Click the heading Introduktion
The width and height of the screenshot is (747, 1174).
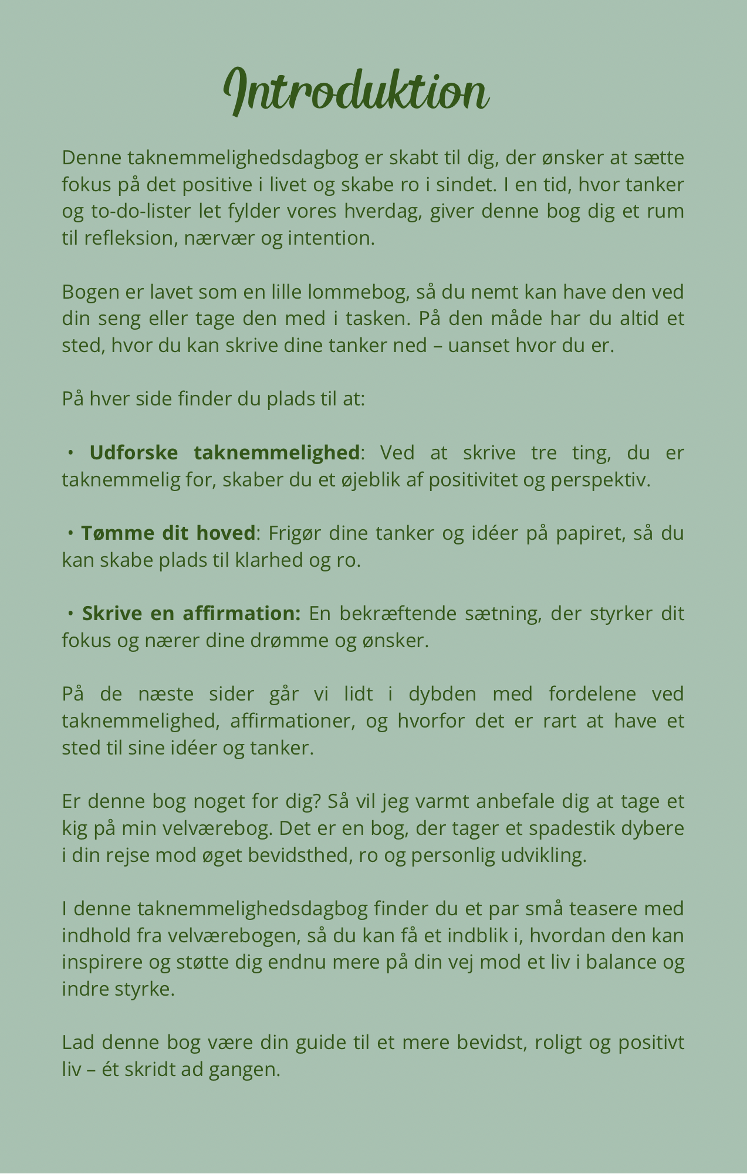(356, 91)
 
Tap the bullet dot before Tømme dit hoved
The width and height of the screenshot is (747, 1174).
(70, 533)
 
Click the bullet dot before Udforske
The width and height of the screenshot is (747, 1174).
(70, 453)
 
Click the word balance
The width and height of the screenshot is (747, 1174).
(621, 962)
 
